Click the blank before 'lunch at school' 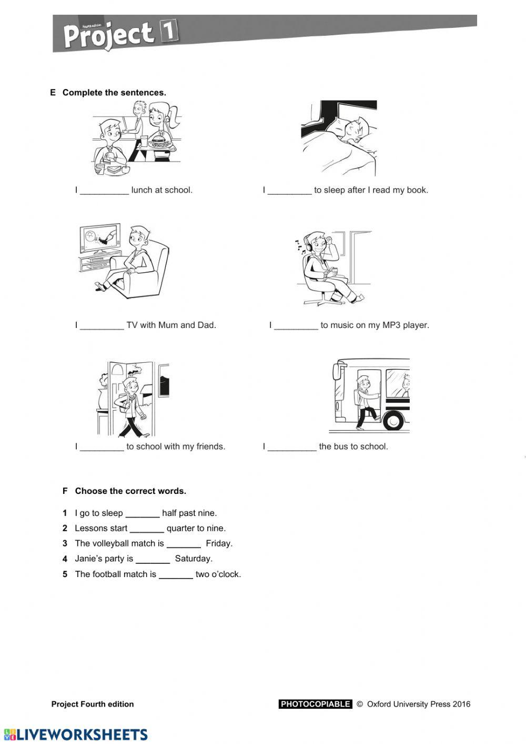pyautogui.click(x=104, y=191)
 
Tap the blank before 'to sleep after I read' pyautogui.click(x=289, y=191)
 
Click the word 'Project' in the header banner pyautogui.click(x=108, y=35)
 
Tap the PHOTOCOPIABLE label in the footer pyautogui.click(x=315, y=705)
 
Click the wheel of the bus pyautogui.click(x=393, y=420)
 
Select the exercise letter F pyautogui.click(x=65, y=491)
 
